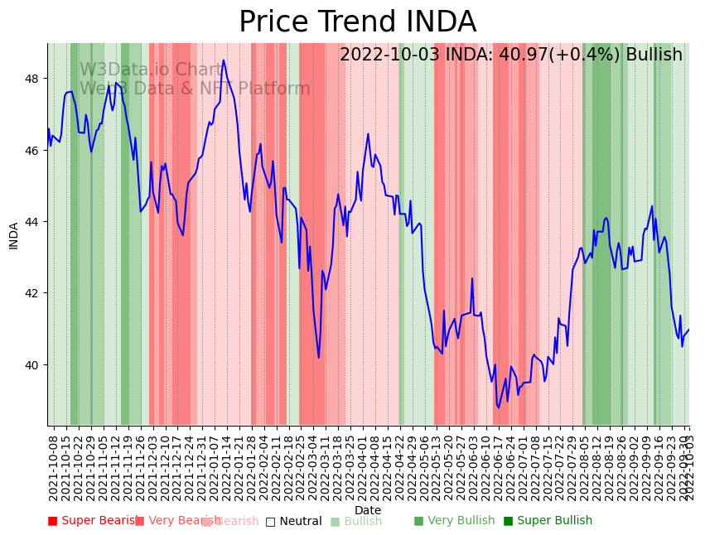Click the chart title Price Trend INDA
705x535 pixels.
pos(357,22)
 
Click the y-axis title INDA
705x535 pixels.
pos(13,234)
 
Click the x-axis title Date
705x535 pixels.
pos(368,511)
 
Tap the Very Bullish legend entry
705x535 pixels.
pos(454,521)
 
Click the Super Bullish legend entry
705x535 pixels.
pos(548,521)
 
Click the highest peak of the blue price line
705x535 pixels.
pos(224,60)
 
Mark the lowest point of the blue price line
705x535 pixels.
pos(499,407)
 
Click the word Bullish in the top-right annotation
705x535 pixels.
pos(654,55)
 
